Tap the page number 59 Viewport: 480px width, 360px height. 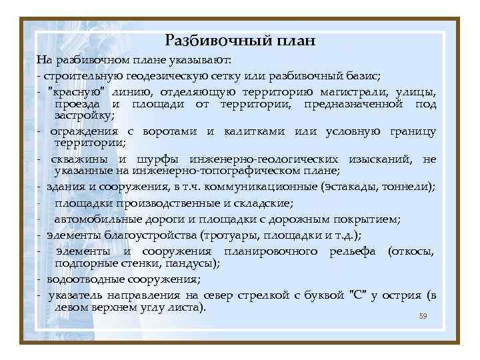(423, 316)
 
